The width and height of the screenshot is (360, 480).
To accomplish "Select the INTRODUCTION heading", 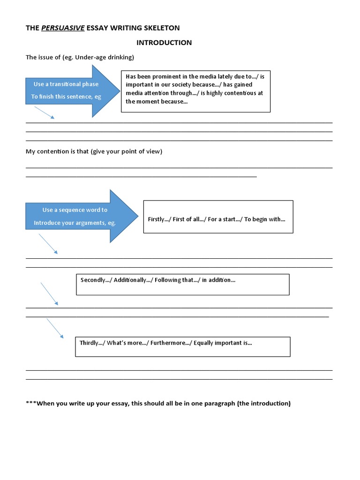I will pos(164,43).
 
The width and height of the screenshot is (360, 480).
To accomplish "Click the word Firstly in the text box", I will pos(157,219).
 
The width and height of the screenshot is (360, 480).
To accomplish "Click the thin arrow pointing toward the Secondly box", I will pos(49,293).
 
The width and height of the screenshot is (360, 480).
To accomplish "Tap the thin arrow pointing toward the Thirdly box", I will pos(54,328).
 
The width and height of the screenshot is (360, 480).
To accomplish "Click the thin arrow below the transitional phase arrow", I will pos(45,112).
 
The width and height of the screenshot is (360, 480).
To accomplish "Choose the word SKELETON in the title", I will pos(161,28).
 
